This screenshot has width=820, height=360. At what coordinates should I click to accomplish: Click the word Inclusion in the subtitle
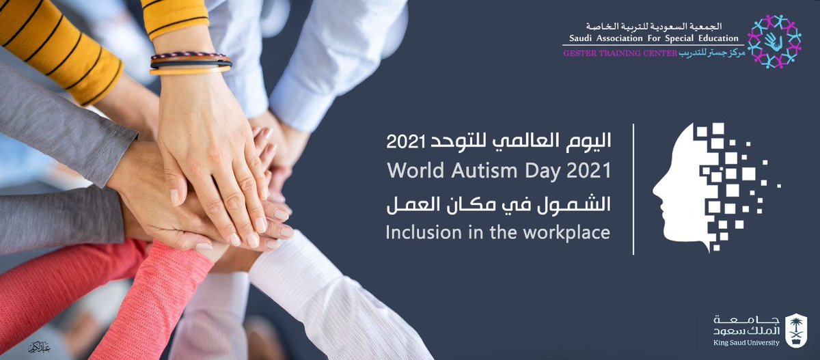418,232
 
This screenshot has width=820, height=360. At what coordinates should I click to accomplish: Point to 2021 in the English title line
588,170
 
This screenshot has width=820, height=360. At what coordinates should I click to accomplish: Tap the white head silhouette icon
683,188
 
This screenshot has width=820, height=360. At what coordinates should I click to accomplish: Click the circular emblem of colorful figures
774,41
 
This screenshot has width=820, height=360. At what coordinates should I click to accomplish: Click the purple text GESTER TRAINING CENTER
620,53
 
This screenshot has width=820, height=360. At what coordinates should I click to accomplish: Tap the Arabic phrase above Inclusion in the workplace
498,203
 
